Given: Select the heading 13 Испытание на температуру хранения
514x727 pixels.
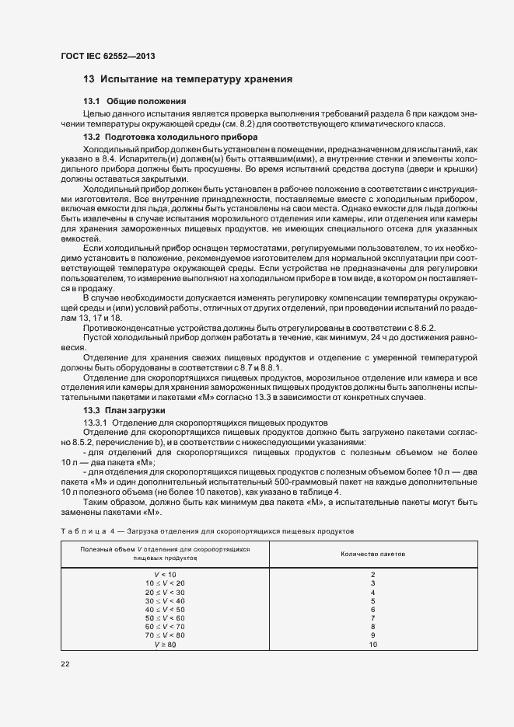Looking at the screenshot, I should click(x=187, y=79).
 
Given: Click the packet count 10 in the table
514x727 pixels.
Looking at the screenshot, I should click(x=372, y=645).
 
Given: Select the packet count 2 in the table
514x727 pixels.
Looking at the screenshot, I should click(x=372, y=574).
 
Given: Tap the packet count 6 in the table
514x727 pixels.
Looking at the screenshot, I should click(x=372, y=609).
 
